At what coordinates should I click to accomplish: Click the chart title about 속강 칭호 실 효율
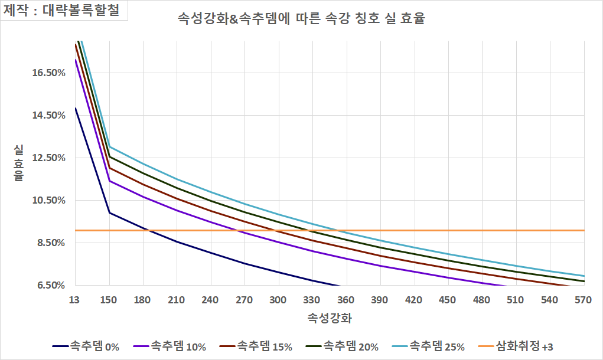point(301,19)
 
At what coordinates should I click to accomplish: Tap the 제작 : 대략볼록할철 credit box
point(65,11)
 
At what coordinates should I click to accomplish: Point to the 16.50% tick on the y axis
point(48,73)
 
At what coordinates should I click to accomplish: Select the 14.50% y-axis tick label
point(48,116)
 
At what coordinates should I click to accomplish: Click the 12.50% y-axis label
point(48,158)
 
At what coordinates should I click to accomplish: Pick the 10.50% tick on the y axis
point(48,201)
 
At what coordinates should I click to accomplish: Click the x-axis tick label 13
point(75,300)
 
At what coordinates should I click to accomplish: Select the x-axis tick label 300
point(278,300)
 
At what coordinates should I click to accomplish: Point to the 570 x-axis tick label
point(583,300)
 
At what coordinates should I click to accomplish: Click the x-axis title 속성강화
point(330,319)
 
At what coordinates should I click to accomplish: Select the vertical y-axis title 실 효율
point(18,163)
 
